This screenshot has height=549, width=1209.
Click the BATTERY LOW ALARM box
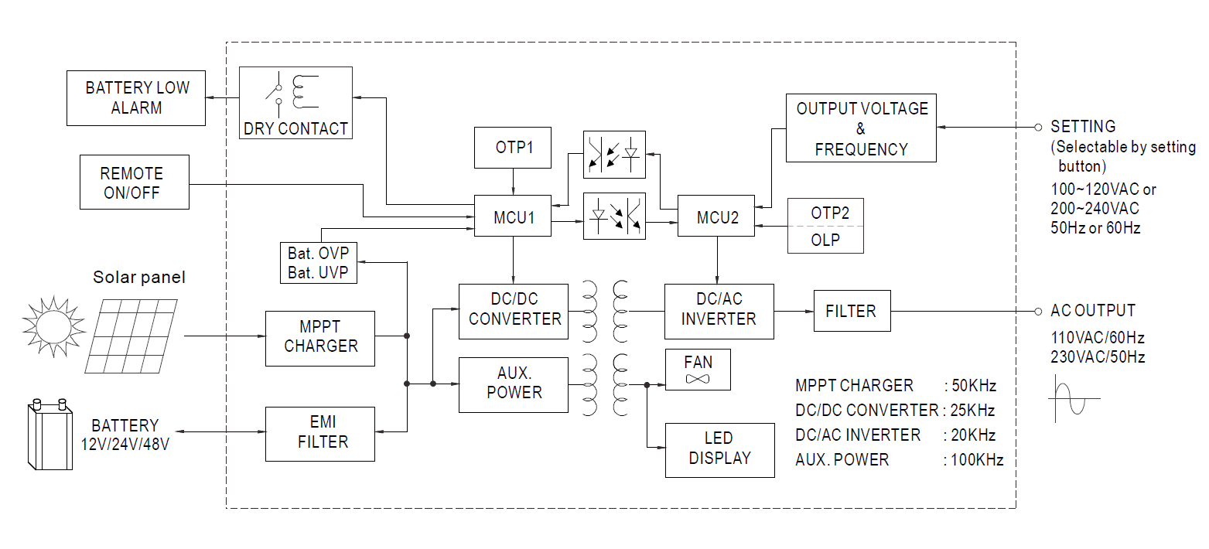[x=136, y=97]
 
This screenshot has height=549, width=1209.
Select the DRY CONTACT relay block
[x=295, y=103]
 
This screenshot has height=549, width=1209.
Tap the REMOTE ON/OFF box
[x=134, y=182]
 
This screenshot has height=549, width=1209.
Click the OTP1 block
[x=513, y=148]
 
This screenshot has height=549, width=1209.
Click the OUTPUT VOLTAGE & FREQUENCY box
[x=861, y=128]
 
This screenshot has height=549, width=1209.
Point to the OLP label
[x=825, y=240]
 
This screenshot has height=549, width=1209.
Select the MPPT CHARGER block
[x=320, y=338]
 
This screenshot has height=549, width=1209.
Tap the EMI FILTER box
[x=320, y=433]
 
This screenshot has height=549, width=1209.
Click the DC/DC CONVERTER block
[x=514, y=311]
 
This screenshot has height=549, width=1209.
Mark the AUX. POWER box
[x=514, y=384]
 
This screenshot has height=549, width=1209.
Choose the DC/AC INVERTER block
[x=719, y=311]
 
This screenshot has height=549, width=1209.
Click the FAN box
[x=698, y=370]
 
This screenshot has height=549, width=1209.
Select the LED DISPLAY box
[x=719, y=450]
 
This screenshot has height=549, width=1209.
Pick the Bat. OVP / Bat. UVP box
[x=318, y=263]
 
